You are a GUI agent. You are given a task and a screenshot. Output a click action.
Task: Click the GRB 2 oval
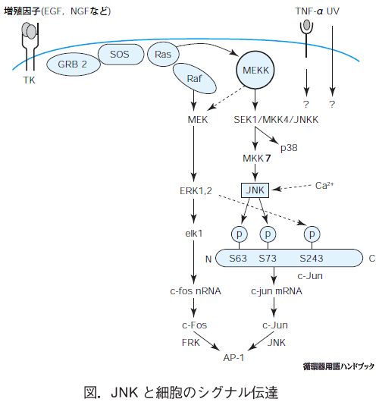point(74,64)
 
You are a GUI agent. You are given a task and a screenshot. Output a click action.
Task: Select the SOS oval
point(121,55)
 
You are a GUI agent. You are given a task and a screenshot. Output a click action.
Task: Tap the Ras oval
point(163,55)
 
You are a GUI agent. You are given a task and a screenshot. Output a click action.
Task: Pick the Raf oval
point(195,79)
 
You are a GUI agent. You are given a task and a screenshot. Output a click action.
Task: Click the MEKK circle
point(255,70)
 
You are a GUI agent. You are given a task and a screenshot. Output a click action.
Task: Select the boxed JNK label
point(255,190)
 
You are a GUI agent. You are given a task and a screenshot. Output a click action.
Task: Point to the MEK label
point(198,120)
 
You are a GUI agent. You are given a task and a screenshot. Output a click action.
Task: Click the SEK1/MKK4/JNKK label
point(276,120)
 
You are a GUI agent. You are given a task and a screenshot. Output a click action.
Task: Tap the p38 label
point(289,148)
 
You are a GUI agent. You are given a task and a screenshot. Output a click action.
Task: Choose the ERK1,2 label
point(196,191)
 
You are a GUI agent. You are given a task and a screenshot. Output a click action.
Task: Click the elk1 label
point(194,234)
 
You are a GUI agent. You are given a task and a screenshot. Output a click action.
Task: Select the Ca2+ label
point(324,185)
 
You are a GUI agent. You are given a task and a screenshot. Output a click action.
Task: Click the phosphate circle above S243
point(312,234)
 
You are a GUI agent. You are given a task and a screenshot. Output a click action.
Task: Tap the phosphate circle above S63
point(240,234)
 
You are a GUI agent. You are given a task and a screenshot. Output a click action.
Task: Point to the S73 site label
point(268,258)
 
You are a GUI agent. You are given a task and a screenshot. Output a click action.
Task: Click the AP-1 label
point(233,358)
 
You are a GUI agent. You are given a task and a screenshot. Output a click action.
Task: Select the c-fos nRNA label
point(196,291)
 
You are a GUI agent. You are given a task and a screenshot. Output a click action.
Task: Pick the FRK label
point(191,343)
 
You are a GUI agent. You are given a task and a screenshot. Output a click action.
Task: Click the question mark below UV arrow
point(332,105)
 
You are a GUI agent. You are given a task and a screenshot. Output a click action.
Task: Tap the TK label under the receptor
point(29,80)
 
